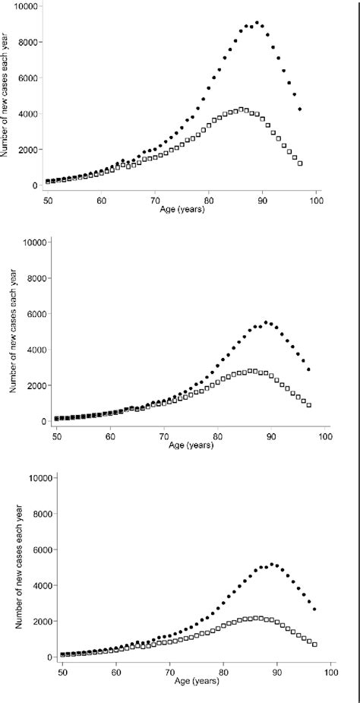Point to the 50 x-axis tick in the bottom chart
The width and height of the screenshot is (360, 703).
tap(62, 672)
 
